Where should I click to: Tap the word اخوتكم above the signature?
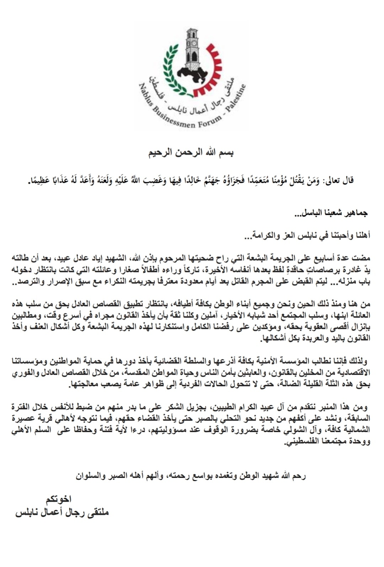click(58, 499)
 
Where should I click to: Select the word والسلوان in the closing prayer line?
click(91, 476)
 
